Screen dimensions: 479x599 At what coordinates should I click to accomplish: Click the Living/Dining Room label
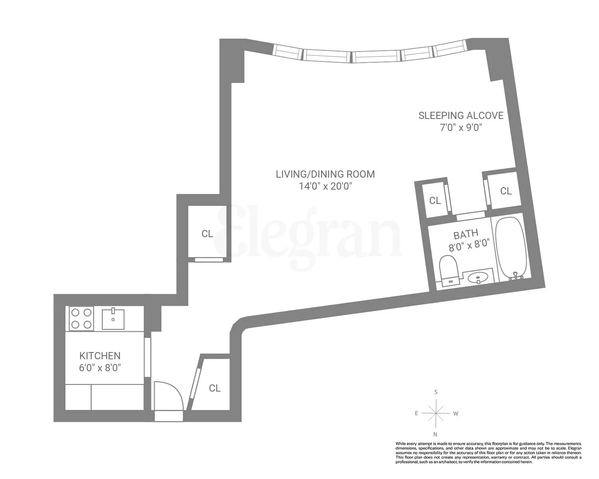[325, 174]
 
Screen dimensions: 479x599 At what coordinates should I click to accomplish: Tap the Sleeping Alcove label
[461, 115]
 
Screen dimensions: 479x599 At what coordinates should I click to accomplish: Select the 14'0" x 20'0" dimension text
[325, 186]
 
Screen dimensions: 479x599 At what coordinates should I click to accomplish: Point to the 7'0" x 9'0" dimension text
[461, 128]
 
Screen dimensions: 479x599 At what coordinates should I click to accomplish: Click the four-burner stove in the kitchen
[81, 319]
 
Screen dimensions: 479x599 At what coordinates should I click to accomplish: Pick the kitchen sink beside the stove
[113, 319]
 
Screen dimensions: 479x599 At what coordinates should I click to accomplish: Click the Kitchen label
[100, 356]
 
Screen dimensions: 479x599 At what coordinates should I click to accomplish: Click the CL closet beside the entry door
[214, 388]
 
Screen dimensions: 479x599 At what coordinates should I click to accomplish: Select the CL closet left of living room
[207, 234]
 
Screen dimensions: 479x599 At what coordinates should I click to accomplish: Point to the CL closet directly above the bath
[435, 200]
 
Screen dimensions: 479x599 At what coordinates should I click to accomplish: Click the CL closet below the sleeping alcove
[506, 191]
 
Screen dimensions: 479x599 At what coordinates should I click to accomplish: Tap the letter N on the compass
[435, 434]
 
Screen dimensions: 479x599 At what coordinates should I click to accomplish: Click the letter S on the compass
[436, 392]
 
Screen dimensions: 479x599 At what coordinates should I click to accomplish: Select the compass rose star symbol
[436, 413]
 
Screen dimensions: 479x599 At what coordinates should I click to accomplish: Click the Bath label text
[466, 234]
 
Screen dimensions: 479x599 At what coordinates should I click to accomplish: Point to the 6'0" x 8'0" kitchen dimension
[100, 368]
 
